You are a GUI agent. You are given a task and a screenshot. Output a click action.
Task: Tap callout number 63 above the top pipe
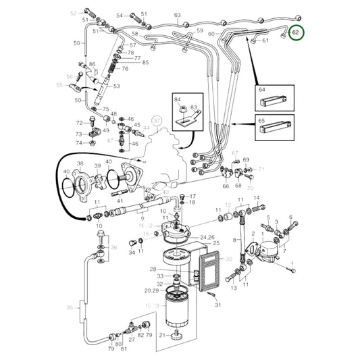click(178, 15)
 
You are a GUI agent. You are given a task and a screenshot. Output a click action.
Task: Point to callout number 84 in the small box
click(178, 99)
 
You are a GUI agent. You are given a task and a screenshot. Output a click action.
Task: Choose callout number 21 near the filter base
click(162, 335)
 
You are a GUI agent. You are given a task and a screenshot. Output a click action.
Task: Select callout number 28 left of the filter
click(153, 268)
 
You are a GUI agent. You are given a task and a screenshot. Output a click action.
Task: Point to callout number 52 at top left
click(74, 13)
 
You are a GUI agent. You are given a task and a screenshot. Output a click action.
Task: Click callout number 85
click(145, 63)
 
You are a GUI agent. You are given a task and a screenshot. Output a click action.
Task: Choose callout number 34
click(132, 252)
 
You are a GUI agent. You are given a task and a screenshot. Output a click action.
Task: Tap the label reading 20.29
click(151, 290)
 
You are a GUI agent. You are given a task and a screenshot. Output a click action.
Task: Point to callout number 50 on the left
click(77, 43)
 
